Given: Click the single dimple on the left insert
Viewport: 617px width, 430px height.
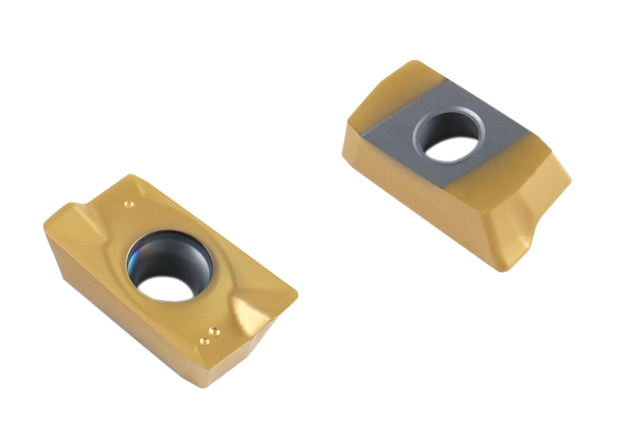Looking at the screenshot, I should coord(130,204).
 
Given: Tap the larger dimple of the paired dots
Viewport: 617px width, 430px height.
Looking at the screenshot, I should coord(213,331).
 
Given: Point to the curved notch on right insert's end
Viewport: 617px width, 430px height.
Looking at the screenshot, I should coord(535,230).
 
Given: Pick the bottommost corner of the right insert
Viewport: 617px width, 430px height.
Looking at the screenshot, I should coord(506,269).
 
